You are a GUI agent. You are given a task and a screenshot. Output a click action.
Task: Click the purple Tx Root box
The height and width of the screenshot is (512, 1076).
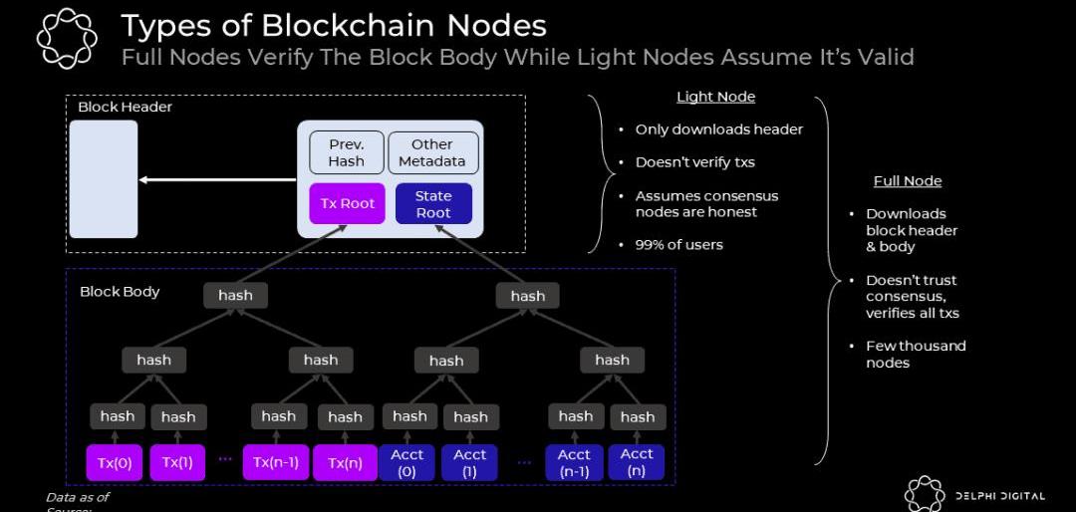[x=348, y=203]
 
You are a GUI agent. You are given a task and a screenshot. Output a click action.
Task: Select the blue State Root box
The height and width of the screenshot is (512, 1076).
[x=433, y=204]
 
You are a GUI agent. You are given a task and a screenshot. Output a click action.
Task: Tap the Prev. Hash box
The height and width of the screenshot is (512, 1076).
[x=346, y=153]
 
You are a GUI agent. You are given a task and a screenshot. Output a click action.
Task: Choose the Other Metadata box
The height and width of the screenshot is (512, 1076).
[x=432, y=153]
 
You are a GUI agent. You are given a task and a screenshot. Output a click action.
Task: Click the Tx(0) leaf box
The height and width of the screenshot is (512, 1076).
[x=116, y=462]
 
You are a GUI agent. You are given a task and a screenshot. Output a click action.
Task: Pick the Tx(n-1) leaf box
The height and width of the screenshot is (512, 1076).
[x=276, y=462]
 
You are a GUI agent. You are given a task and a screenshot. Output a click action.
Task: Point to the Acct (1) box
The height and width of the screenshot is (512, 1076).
[x=470, y=462]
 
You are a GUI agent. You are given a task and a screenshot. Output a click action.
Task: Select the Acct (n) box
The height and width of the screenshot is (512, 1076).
[x=637, y=462]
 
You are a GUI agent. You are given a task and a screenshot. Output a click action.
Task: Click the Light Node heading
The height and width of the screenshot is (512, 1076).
[x=715, y=97]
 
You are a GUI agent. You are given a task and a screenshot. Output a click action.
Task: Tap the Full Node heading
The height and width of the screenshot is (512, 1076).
[x=908, y=181]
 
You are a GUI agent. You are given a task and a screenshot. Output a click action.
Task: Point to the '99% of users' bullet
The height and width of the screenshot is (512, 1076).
[x=678, y=245]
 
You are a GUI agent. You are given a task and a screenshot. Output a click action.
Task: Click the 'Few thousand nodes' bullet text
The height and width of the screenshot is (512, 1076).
[x=916, y=355]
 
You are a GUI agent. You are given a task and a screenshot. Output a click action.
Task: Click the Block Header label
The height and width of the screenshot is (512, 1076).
[x=125, y=108]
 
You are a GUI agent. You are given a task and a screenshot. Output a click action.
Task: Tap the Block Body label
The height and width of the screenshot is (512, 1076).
[x=120, y=292]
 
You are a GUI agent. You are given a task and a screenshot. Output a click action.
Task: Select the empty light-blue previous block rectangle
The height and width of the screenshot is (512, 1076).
[x=104, y=179]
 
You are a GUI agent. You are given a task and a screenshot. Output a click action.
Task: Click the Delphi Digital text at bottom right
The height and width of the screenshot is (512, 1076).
[x=999, y=495]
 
